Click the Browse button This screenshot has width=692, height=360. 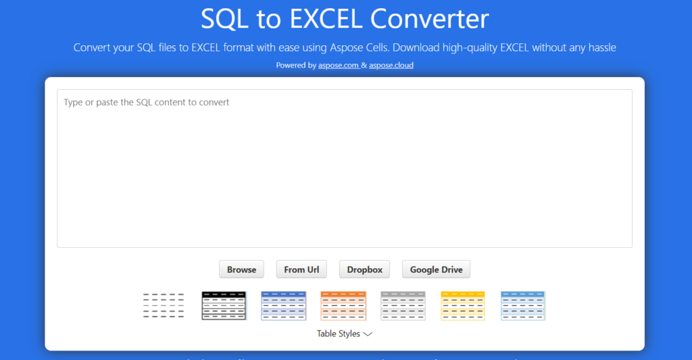[241, 269]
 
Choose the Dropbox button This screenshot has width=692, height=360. [365, 269]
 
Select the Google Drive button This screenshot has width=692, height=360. [436, 269]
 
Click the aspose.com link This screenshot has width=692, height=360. [338, 66]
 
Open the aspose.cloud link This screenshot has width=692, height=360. [391, 66]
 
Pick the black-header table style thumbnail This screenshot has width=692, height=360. [224, 305]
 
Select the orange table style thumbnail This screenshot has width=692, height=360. [343, 305]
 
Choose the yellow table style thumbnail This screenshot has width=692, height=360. [463, 305]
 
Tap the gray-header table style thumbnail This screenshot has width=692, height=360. [403, 305]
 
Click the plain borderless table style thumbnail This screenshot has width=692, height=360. [164, 305]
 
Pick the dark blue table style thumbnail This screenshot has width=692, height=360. [284, 305]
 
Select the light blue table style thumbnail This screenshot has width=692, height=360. [523, 305]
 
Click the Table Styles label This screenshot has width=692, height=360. [338, 334]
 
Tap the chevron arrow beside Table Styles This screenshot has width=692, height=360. [368, 334]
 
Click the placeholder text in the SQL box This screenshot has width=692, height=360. [147, 103]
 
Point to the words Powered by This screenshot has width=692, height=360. [295, 66]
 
